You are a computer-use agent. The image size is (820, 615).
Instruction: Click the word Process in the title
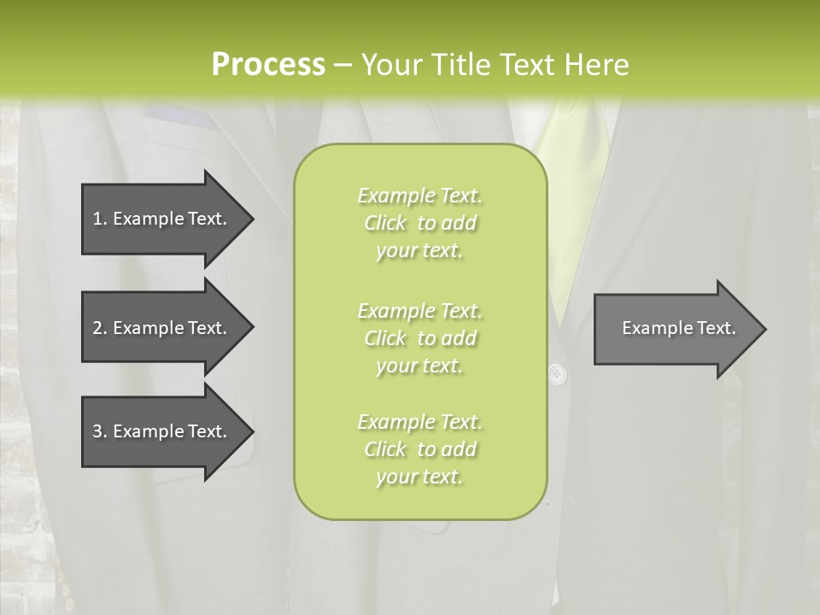[268, 64]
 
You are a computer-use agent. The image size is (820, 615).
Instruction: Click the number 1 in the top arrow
[97, 219]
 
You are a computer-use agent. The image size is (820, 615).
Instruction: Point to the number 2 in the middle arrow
[97, 328]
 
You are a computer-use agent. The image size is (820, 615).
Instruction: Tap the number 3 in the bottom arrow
[97, 431]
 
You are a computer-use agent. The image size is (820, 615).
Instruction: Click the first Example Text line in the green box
[419, 196]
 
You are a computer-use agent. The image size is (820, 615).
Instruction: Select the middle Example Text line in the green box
[419, 310]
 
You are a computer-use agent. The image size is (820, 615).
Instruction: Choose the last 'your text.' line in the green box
[419, 477]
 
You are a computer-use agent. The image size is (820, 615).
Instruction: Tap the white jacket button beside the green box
[556, 373]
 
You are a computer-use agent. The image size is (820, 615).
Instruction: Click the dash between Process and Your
[343, 65]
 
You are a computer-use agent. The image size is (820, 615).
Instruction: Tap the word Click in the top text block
[384, 223]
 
